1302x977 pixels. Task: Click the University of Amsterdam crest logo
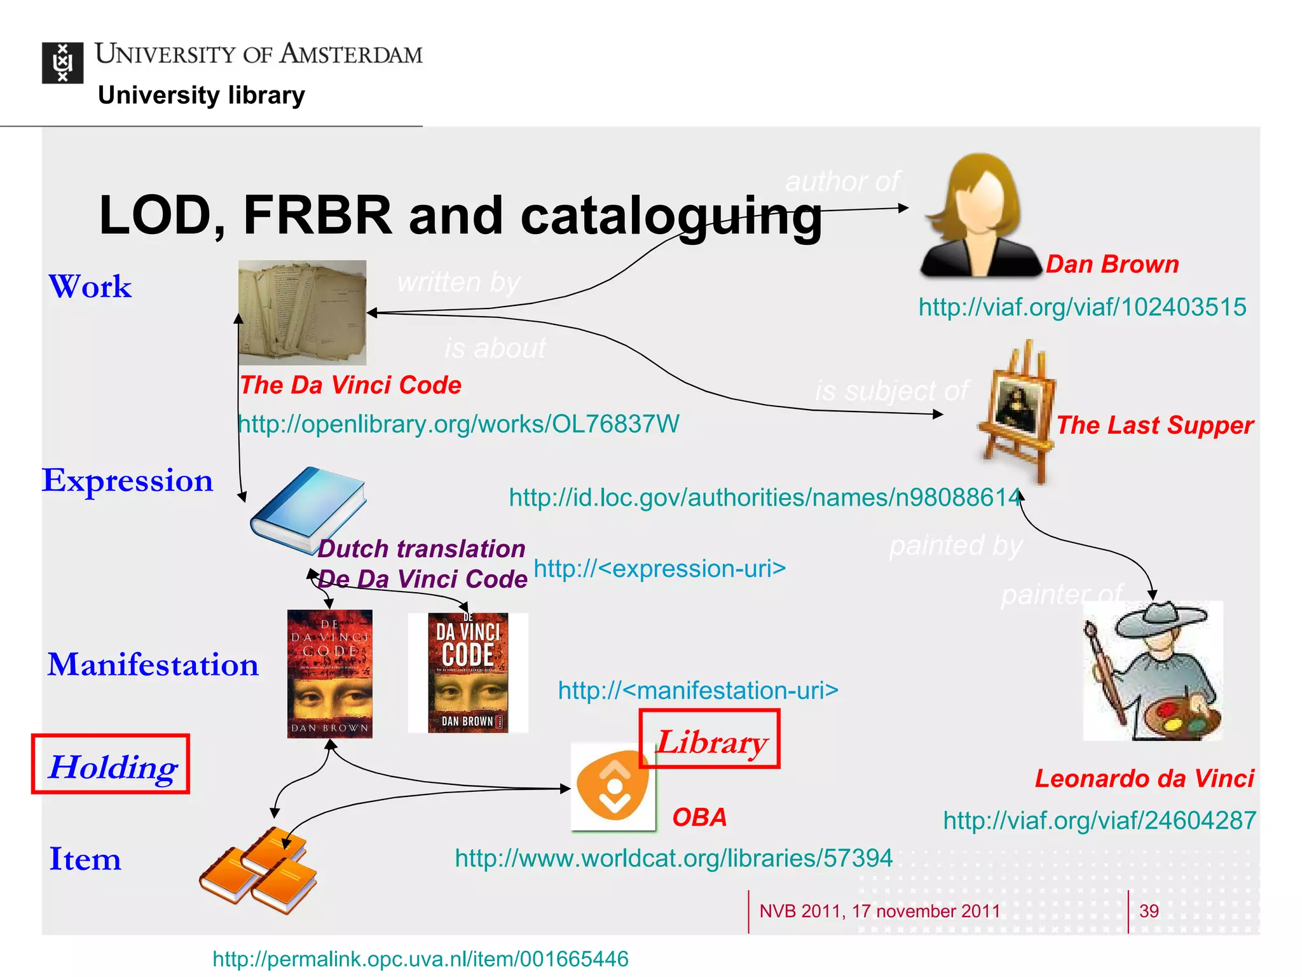coord(62,63)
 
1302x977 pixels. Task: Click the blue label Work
coord(90,287)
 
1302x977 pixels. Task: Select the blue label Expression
coord(127,480)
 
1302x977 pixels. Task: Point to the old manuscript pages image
coord(302,312)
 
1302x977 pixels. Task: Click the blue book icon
coord(308,509)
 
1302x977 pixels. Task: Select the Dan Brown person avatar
coord(980,216)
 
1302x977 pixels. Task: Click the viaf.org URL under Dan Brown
coord(1082,307)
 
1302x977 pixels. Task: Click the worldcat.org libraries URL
coord(673,858)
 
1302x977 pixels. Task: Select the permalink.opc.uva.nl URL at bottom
coord(420,959)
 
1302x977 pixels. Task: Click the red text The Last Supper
coord(1155,425)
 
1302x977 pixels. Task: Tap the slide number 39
coord(1148,911)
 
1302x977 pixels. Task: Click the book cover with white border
coord(468,672)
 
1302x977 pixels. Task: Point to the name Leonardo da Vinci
coord(1144,779)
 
